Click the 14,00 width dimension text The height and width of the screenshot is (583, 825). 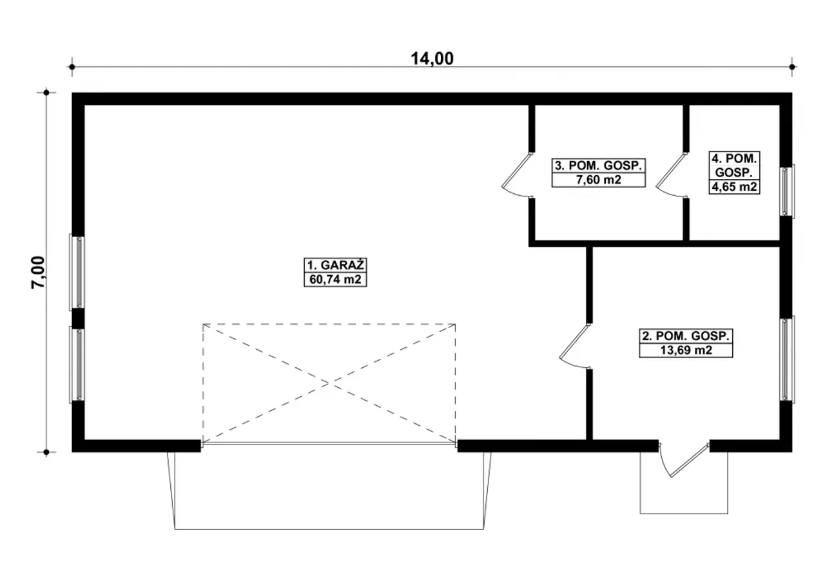click(x=432, y=59)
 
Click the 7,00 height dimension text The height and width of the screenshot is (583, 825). click(x=38, y=272)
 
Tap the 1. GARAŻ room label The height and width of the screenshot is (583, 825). click(x=335, y=265)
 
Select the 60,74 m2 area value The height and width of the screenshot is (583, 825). click(x=335, y=280)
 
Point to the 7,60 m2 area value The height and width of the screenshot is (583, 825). click(x=599, y=180)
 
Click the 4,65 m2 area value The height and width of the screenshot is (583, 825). click(x=734, y=187)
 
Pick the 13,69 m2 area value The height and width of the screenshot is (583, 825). click(x=686, y=350)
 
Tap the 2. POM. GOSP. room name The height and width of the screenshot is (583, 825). click(x=686, y=336)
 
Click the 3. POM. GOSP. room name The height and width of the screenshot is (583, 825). click(x=599, y=166)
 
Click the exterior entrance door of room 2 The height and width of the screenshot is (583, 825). click(x=684, y=461)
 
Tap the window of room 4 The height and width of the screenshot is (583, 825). click(x=787, y=191)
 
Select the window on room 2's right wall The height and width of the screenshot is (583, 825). click(x=787, y=359)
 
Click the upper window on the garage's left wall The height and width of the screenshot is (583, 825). click(x=77, y=272)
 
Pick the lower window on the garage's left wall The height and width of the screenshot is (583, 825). click(x=77, y=364)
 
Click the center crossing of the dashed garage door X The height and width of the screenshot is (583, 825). click(x=329, y=383)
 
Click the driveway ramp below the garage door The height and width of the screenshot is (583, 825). click(x=329, y=490)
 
